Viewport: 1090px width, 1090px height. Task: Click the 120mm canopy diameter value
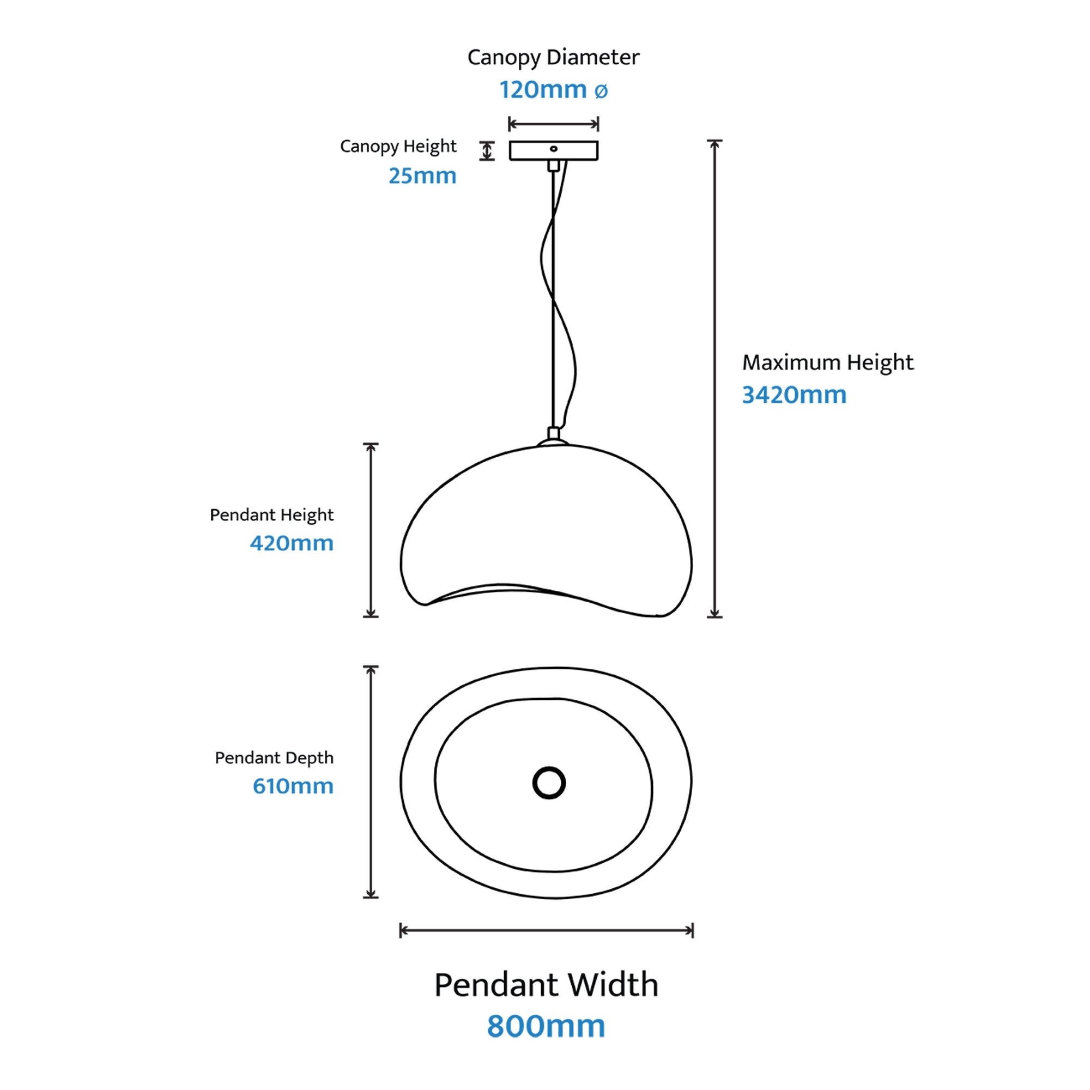click(x=543, y=90)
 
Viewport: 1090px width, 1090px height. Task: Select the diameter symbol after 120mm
click(x=601, y=92)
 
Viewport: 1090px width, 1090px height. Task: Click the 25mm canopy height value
click(x=422, y=176)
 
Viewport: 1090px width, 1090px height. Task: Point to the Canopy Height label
click(x=398, y=147)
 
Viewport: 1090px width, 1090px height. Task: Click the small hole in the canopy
click(x=554, y=149)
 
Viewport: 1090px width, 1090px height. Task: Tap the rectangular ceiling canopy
click(x=554, y=150)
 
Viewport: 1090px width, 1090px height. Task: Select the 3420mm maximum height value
click(x=795, y=395)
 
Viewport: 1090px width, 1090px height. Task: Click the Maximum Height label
click(x=828, y=363)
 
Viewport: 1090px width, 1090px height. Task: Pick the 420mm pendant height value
click(x=292, y=543)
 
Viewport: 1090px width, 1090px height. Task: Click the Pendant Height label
click(x=271, y=515)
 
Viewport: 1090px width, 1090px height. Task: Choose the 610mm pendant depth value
click(x=293, y=786)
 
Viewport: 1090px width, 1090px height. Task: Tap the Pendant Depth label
click(x=274, y=758)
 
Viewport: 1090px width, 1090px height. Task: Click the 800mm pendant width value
click(x=546, y=1026)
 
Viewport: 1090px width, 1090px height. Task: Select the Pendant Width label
click(x=546, y=985)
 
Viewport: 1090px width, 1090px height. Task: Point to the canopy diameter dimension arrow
click(x=554, y=124)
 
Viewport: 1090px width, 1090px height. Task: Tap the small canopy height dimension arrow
click(x=487, y=150)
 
